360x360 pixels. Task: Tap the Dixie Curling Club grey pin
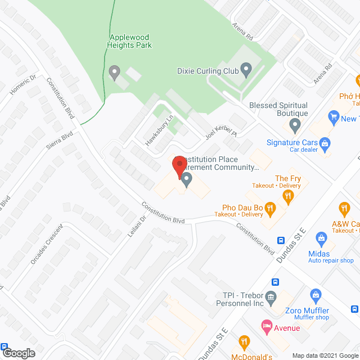246,70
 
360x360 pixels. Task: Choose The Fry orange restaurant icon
288,195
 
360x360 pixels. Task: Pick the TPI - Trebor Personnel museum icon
271,297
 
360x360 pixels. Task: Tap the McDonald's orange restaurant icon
244,341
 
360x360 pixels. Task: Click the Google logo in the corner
19,353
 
